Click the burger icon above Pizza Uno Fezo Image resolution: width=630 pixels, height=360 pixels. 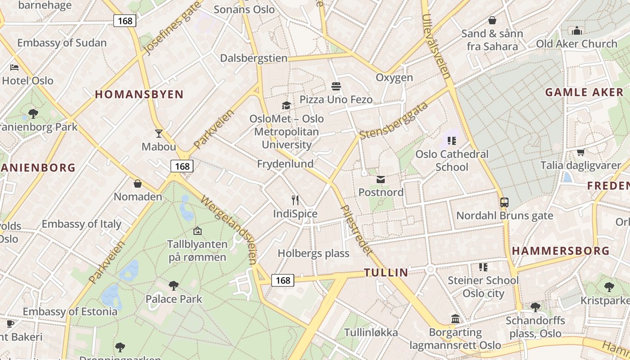[x=336, y=86]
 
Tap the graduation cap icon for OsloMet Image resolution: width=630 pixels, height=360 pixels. [x=286, y=106]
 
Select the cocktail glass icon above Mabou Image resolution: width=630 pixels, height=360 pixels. [x=158, y=133]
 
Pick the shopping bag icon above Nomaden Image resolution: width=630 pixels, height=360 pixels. [x=138, y=184]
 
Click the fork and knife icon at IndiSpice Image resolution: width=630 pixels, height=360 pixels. [x=295, y=200]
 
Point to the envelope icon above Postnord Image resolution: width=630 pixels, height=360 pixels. [x=381, y=180]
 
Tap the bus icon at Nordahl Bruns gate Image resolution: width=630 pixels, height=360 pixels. [x=504, y=202]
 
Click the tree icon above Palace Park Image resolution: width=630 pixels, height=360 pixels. [x=173, y=285]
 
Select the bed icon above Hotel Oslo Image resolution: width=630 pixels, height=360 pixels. [x=14, y=67]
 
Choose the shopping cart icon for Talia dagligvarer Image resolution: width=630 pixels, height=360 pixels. [x=580, y=152]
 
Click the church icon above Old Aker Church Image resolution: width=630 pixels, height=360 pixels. [x=577, y=31]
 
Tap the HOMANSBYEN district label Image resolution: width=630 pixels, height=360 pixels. [x=139, y=94]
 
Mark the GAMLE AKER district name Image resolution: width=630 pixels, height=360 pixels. [x=584, y=93]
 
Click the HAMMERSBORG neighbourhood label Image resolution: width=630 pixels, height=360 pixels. [x=561, y=251]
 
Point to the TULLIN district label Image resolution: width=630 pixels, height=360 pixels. [x=386, y=272]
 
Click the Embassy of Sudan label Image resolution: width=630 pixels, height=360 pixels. [x=62, y=43]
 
